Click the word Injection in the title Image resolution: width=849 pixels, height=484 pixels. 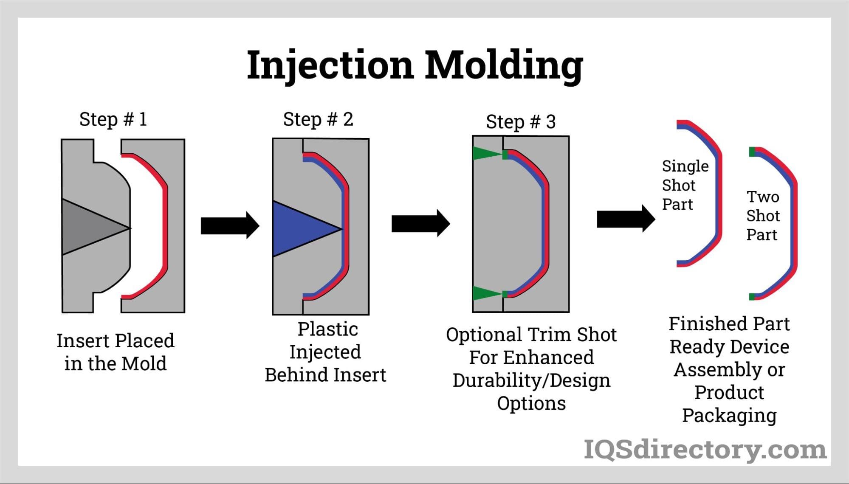click(x=330, y=65)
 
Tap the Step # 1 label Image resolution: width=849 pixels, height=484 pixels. click(x=113, y=119)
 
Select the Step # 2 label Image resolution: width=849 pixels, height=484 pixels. click(x=318, y=119)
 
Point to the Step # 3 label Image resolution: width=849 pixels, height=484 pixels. click(x=521, y=122)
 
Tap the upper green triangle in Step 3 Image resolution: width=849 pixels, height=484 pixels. click(x=484, y=153)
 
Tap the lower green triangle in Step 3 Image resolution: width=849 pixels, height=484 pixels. click(x=484, y=293)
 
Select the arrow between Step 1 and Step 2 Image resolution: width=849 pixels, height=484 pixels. click(x=229, y=225)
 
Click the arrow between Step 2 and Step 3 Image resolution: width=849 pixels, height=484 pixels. click(x=420, y=223)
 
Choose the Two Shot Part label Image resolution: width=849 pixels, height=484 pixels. click(x=763, y=216)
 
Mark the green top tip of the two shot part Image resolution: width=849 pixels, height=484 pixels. click(x=752, y=152)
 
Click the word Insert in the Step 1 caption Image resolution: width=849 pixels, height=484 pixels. click(x=83, y=341)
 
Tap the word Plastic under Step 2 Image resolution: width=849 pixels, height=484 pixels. click(x=327, y=329)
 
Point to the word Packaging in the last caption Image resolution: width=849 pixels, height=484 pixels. click(x=729, y=416)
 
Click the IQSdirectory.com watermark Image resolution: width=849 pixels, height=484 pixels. click(x=705, y=450)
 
